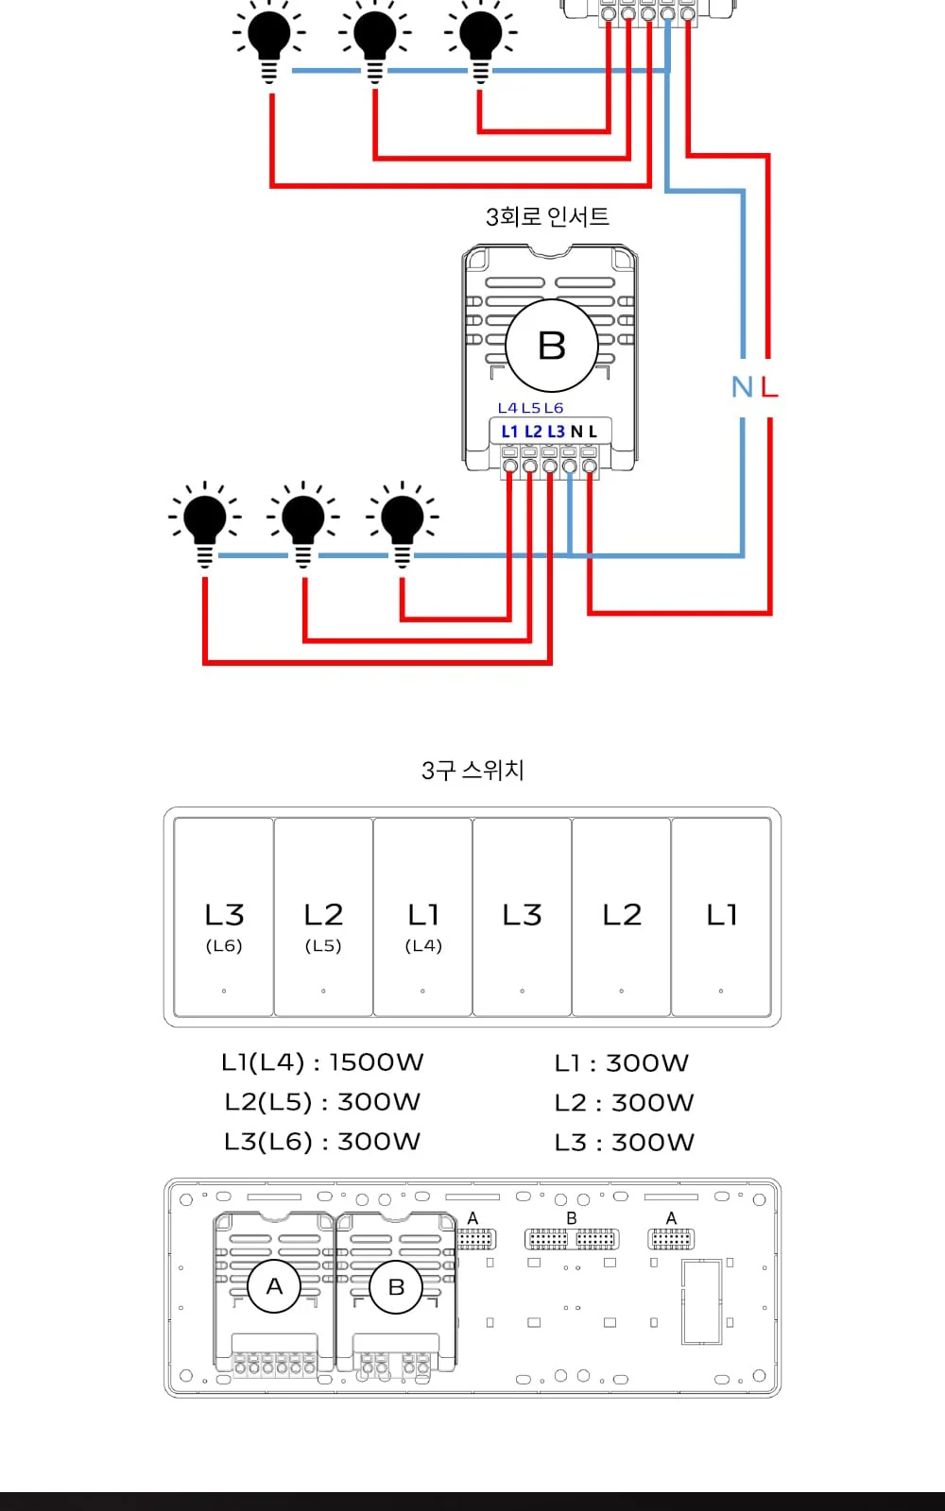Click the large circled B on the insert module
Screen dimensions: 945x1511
[x=552, y=346]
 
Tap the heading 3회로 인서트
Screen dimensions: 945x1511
[x=547, y=216]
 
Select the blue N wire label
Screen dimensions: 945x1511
[x=742, y=387]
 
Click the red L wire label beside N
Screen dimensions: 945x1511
[x=769, y=387]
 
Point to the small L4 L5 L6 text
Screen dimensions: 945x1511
[x=530, y=408]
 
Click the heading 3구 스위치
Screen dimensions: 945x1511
[x=472, y=770]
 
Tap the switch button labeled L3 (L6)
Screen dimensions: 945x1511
[x=223, y=917]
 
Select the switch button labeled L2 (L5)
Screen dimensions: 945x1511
[x=323, y=917]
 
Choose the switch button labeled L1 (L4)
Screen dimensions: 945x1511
[x=422, y=917]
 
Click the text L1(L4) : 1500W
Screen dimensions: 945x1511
[x=322, y=1062]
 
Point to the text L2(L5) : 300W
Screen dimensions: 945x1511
[x=322, y=1102]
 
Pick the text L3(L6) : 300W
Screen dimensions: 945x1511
[x=322, y=1142]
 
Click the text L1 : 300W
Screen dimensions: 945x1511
[x=622, y=1063]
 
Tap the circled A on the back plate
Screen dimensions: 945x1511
[x=274, y=1286]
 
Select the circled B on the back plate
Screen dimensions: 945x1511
[x=396, y=1287]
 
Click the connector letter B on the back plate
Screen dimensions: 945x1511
[x=572, y=1218]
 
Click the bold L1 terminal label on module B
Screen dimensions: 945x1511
[x=509, y=432]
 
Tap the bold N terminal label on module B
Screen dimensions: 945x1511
[x=576, y=432]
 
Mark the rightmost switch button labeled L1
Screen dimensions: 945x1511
[x=721, y=917]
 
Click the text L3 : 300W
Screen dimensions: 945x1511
[x=625, y=1142]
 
